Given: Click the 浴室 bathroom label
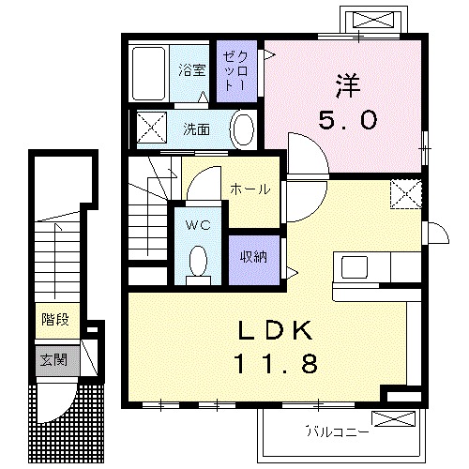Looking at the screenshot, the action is (x=192, y=70).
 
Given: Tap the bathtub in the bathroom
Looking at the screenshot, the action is (x=148, y=73).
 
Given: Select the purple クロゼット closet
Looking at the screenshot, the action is (x=236, y=71).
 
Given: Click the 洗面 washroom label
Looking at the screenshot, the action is (x=196, y=129).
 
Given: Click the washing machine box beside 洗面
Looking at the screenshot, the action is (x=152, y=128).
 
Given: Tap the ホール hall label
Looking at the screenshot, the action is (x=250, y=189).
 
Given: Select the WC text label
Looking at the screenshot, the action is (x=198, y=225).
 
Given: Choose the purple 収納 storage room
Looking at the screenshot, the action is (x=254, y=260).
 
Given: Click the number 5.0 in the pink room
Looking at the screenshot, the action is (x=348, y=120).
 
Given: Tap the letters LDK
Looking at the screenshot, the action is (x=276, y=330).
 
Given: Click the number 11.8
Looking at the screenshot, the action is (x=277, y=363).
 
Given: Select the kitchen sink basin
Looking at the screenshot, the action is (x=355, y=266).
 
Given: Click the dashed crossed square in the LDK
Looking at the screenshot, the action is (x=406, y=194).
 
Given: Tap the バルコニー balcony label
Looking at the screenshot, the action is (x=337, y=432).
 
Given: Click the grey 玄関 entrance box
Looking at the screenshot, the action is (x=57, y=361).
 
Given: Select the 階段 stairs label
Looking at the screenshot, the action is (x=55, y=320).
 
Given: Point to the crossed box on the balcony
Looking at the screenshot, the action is (x=393, y=419).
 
